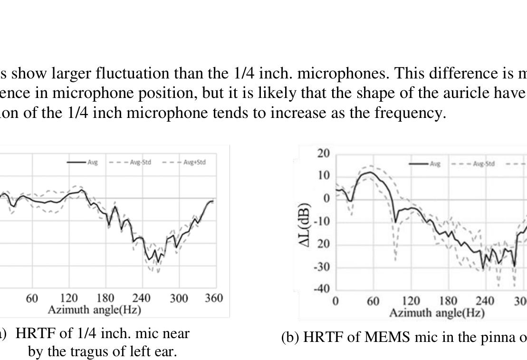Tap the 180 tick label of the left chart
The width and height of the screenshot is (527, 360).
click(105, 298)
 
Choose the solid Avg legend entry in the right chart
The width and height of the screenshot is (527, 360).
click(428, 164)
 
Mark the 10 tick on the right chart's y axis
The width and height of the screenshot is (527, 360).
click(325, 176)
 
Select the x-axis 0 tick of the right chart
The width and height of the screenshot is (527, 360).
click(335, 301)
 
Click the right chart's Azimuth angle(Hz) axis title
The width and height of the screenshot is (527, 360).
click(437, 313)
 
